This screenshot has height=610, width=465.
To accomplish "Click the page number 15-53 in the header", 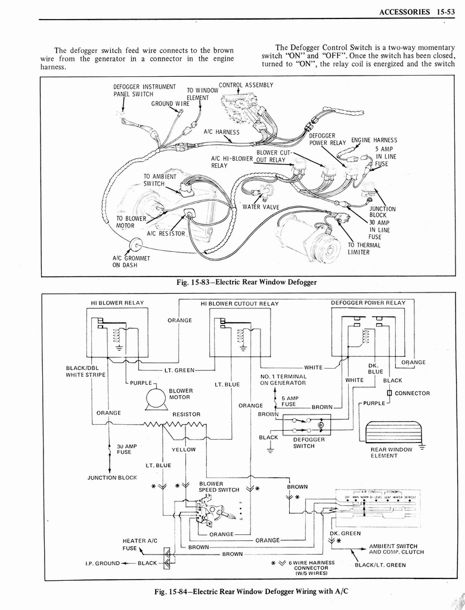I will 444,11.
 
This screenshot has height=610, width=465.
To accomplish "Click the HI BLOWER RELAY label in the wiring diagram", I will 117,303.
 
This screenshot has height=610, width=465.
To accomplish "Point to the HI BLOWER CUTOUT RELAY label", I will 240,303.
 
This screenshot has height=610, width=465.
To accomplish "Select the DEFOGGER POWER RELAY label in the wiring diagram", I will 368,303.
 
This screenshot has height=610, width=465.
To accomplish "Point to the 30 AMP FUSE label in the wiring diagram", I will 126,449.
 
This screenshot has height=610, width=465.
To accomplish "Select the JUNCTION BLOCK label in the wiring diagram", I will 112,477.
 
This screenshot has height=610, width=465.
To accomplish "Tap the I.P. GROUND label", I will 103,563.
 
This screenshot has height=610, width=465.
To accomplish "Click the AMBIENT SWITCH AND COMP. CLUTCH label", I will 396,549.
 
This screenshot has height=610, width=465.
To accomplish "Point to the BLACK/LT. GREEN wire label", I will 380,565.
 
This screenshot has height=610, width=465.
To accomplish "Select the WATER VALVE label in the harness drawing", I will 261,207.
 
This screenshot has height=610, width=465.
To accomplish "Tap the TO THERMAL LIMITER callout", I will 364,248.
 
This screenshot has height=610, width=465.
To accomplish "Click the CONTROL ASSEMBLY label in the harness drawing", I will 246,85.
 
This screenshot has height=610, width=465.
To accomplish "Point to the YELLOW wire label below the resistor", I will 183,450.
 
